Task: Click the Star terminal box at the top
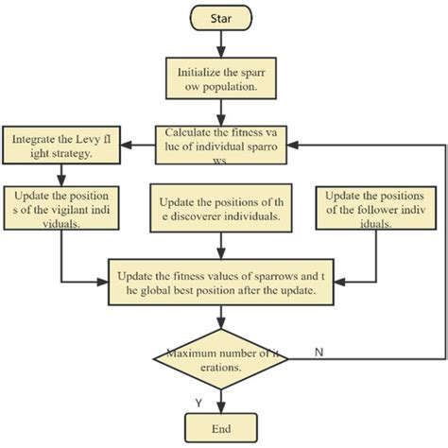pyautogui.click(x=223, y=18)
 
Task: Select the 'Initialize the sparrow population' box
pyautogui.click(x=223, y=78)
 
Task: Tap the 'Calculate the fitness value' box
pyautogui.click(x=224, y=146)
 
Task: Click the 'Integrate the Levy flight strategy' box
pyautogui.click(x=62, y=146)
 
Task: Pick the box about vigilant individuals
pyautogui.click(x=62, y=209)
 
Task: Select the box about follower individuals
pyautogui.click(x=373, y=209)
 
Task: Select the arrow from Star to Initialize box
pyautogui.click(x=224, y=43)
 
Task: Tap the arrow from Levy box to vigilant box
pyautogui.click(x=62, y=173)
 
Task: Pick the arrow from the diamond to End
pyautogui.click(x=224, y=399)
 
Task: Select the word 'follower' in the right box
pyautogui.click(x=376, y=209)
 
